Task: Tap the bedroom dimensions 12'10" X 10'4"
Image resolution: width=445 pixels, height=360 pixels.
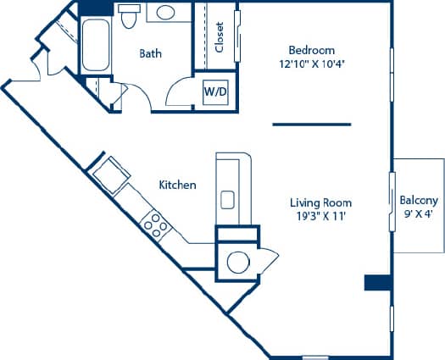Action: point(311,64)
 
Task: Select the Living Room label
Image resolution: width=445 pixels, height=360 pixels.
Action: point(320,202)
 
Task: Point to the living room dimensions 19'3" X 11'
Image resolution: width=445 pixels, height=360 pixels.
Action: point(320,216)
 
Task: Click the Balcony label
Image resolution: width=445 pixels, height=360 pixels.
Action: point(419,201)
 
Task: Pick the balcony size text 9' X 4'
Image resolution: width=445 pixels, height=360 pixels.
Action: point(419,214)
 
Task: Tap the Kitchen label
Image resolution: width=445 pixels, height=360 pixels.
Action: point(178,185)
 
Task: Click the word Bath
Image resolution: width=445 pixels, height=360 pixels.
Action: point(152,53)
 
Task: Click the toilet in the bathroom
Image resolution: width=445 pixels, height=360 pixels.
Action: point(130,16)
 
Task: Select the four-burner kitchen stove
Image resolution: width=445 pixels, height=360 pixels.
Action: point(154,223)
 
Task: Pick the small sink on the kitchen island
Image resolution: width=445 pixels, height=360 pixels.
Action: point(228,200)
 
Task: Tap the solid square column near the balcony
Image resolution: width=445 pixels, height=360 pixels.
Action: point(376,283)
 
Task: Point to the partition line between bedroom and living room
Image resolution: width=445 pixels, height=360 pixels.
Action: point(311,125)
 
